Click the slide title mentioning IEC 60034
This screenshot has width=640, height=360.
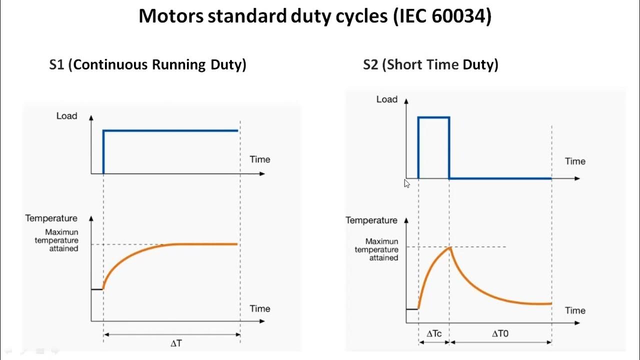[x=315, y=17]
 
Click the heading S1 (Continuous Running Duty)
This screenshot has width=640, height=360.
[x=147, y=64]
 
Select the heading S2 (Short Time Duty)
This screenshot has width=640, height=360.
[x=430, y=64]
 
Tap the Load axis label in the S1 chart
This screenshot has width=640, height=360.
[x=66, y=116]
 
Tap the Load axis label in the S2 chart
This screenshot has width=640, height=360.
[x=386, y=99]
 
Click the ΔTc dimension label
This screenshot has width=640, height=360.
[x=433, y=333]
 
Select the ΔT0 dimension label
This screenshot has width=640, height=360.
[x=500, y=333]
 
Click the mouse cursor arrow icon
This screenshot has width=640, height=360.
[x=406, y=183]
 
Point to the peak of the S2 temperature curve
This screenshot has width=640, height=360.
[x=450, y=247]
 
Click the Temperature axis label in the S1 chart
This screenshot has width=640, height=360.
[x=51, y=218]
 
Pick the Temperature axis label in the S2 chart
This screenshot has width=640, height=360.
[x=371, y=220]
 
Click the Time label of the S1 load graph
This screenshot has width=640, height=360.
[x=259, y=159]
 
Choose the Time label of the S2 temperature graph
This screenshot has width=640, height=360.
[x=575, y=310]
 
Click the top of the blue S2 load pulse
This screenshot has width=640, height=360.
[x=433, y=117]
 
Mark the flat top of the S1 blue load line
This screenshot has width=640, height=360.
[x=170, y=131]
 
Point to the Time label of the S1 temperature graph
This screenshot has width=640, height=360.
[x=259, y=308]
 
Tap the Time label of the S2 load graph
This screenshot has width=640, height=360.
[x=575, y=161]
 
